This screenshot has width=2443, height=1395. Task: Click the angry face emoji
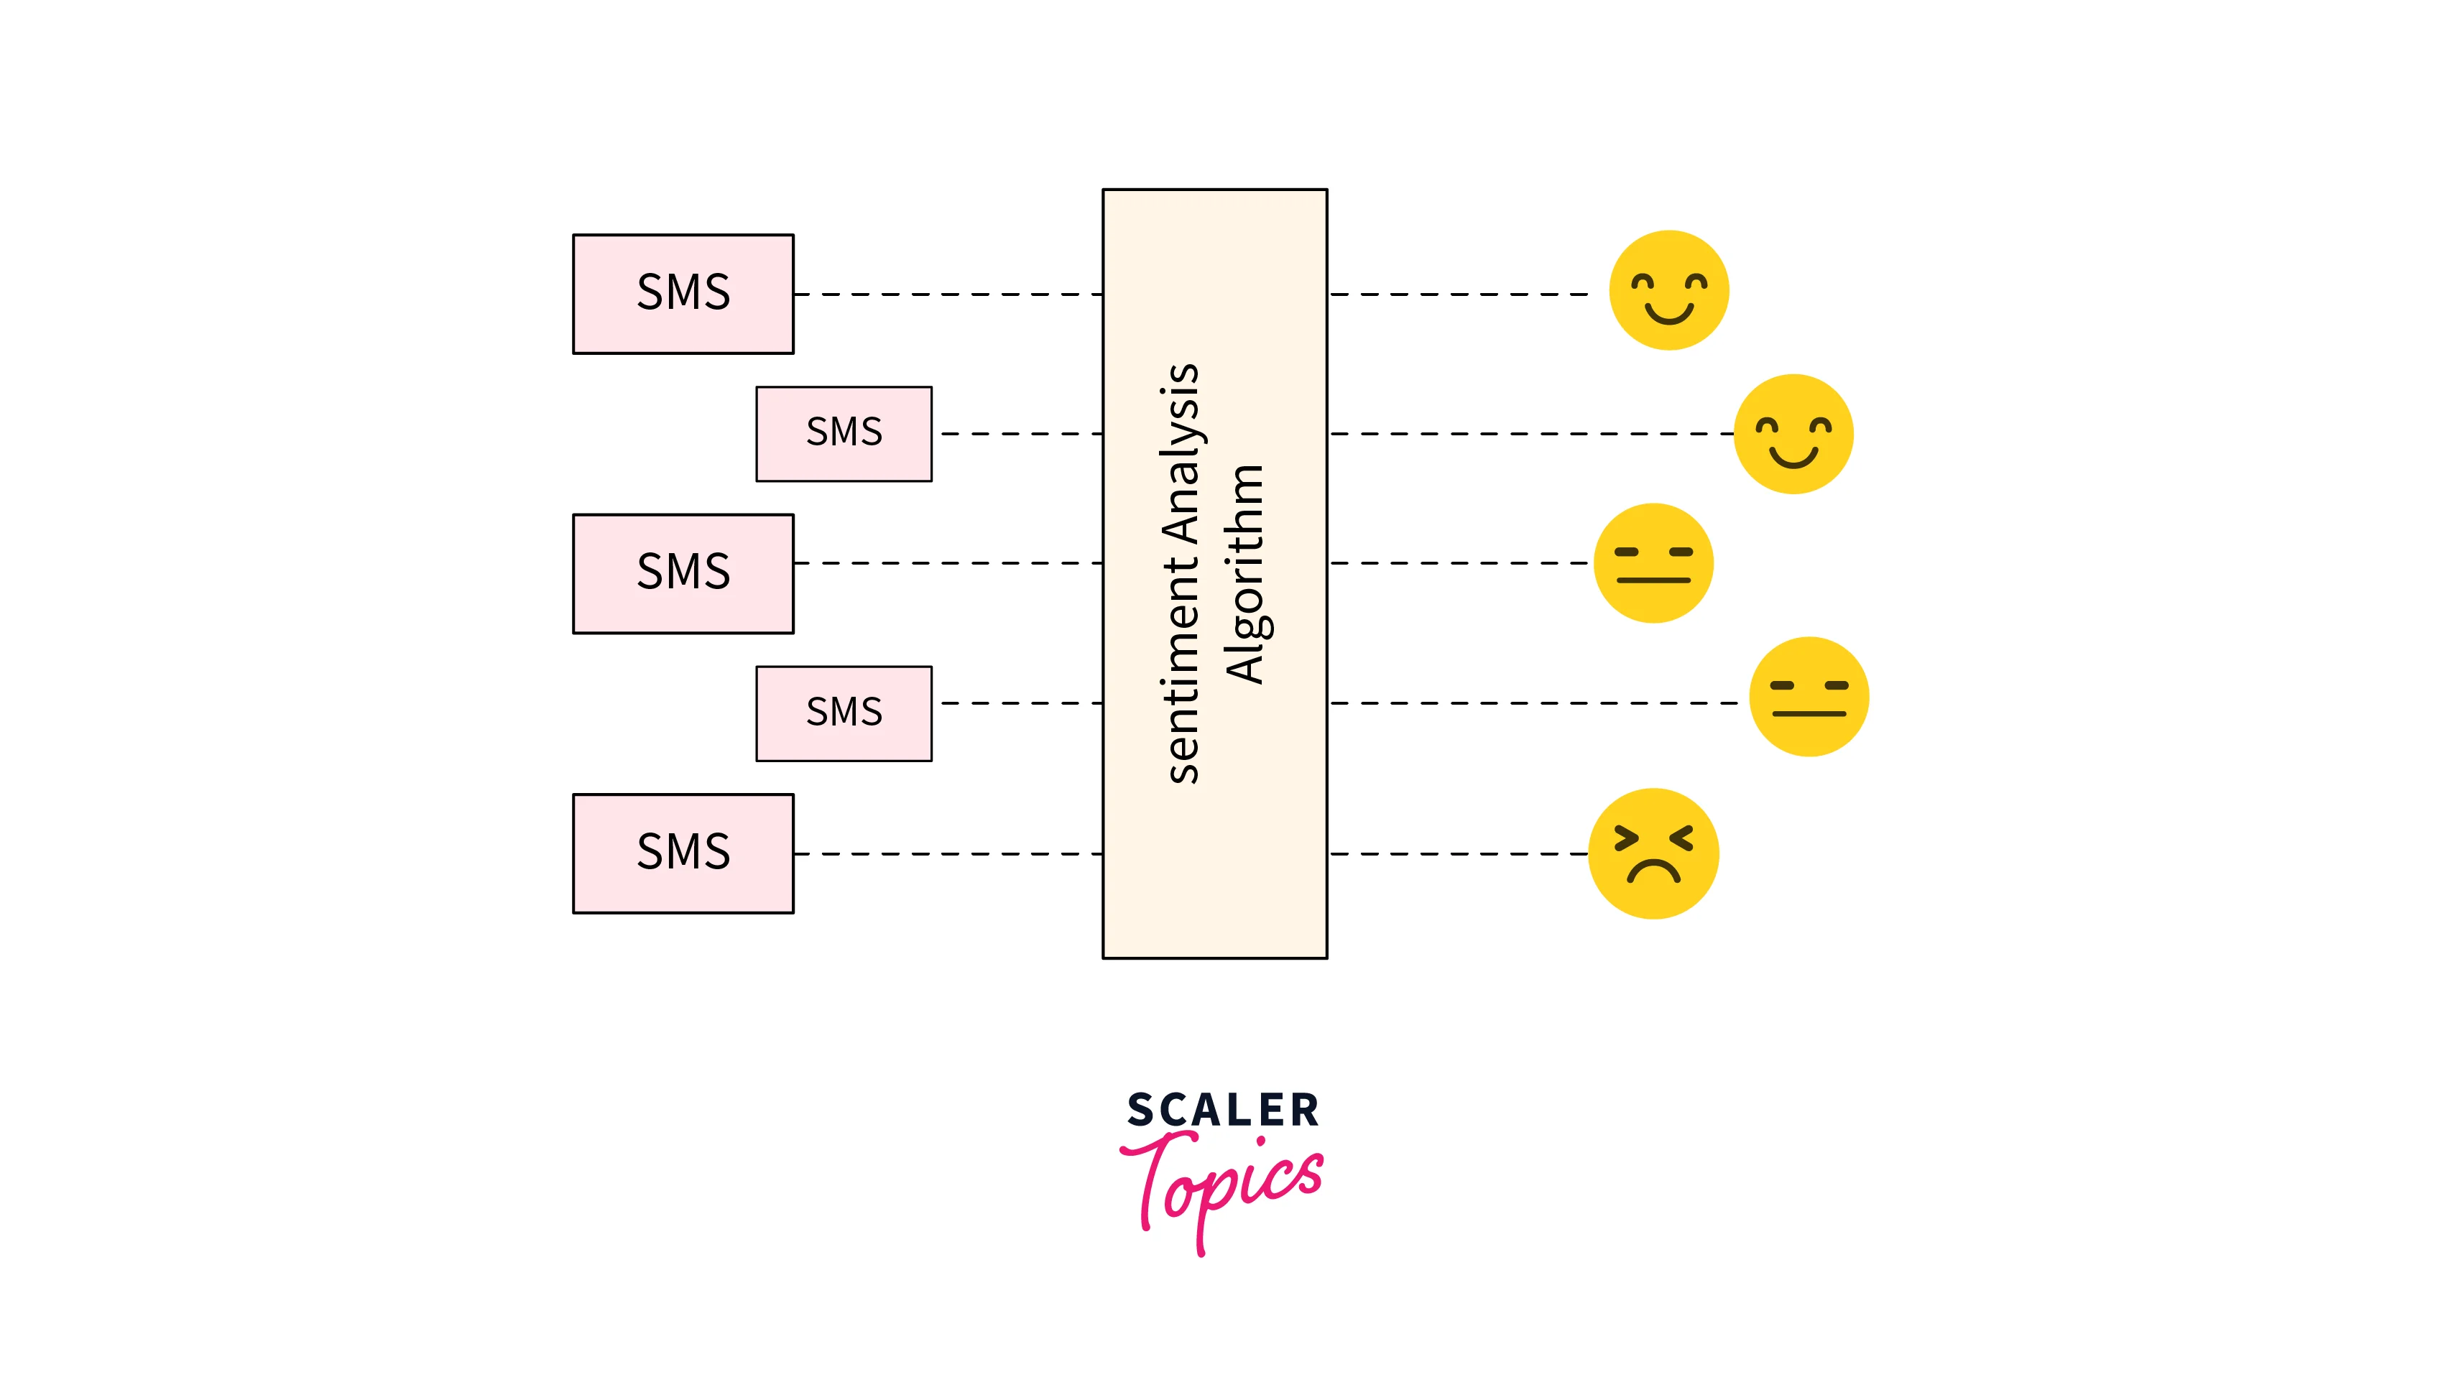(x=1653, y=853)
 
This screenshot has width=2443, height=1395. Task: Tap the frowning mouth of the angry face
(x=1653, y=871)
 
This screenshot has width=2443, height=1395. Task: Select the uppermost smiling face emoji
(x=1668, y=289)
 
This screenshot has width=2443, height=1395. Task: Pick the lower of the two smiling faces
(x=1793, y=434)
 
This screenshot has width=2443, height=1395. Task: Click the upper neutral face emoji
(x=1653, y=562)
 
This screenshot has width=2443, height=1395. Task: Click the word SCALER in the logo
(x=1222, y=1111)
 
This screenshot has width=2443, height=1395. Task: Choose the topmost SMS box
(x=683, y=293)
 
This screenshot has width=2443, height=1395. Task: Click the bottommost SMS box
(x=683, y=853)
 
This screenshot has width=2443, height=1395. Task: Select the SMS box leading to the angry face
(x=683, y=853)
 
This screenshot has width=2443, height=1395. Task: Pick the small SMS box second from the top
(x=843, y=433)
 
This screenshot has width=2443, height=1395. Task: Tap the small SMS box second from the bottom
(x=843, y=713)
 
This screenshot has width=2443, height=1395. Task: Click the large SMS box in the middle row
(x=683, y=573)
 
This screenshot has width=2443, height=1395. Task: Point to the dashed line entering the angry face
(x=1456, y=853)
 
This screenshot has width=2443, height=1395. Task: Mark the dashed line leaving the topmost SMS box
(x=948, y=294)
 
